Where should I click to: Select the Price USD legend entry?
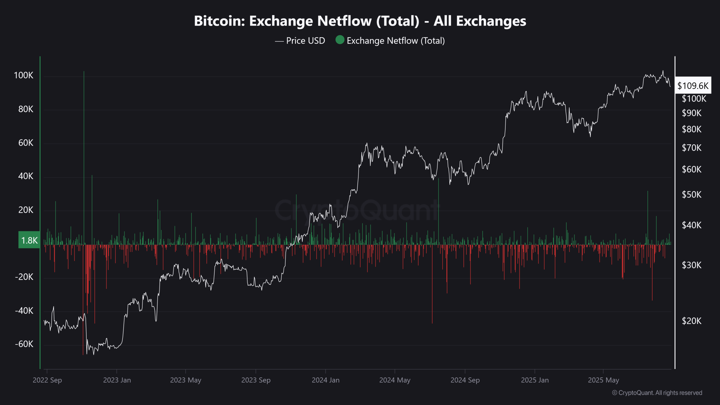point(300,41)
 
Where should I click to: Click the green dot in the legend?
point(340,40)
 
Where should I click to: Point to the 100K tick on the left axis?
point(24,75)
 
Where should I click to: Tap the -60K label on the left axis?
point(24,344)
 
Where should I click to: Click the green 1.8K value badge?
point(29,240)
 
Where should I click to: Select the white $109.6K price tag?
point(693,85)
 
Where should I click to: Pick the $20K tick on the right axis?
point(692,321)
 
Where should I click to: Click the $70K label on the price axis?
point(692,148)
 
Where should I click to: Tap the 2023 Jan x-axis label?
point(117,380)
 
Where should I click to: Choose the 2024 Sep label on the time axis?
point(465,380)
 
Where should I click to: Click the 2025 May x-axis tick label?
point(604,380)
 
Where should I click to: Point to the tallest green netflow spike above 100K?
point(84,157)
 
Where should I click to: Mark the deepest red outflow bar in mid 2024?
point(432,284)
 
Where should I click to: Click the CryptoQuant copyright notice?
point(657,393)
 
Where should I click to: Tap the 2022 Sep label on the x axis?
point(47,380)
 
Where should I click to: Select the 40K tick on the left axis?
point(26,176)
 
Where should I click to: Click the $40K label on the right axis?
point(692,225)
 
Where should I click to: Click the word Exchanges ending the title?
point(491,21)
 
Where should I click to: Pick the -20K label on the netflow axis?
point(24,277)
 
